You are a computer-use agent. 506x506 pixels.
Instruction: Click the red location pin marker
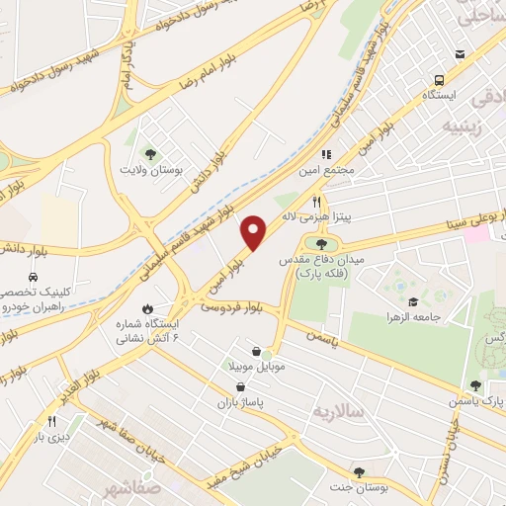tap(255, 233)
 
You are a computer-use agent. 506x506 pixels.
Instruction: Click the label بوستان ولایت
tap(151, 169)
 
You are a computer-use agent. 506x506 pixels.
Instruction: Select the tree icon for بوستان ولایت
tap(150, 153)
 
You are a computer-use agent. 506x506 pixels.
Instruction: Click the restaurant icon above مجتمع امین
tap(325, 153)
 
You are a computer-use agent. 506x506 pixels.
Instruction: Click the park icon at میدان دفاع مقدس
tap(320, 243)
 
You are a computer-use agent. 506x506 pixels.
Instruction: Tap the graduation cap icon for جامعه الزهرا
tap(413, 301)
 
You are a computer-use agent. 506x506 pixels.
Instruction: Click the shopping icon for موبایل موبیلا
tap(257, 351)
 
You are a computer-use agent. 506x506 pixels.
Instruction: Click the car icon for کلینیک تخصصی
tap(34, 278)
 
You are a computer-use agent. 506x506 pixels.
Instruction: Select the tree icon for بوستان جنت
tap(358, 471)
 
